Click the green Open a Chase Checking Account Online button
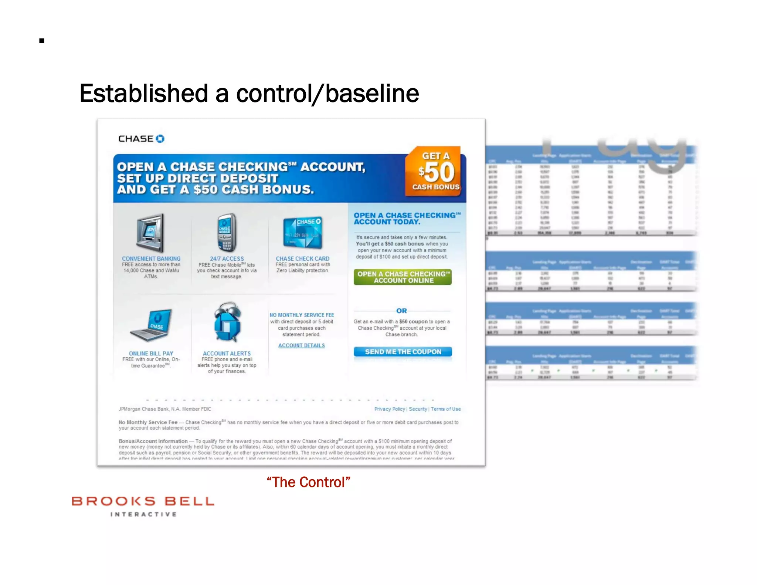coord(403,277)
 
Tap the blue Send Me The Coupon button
coord(403,352)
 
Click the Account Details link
coord(301,345)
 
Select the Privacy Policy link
coord(389,409)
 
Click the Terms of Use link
coord(445,409)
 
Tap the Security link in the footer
coord(418,409)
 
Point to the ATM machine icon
coord(150,233)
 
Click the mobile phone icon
coord(226,232)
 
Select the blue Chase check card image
coord(302,232)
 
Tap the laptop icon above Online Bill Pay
coord(152,325)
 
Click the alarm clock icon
coord(227,322)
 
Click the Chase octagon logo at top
coord(160,139)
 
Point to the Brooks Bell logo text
coord(143,502)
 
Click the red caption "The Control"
coord(308,482)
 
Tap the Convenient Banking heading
coord(151,258)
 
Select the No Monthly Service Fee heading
coord(302,315)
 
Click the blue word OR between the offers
coord(401,311)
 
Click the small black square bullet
coord(42,41)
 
